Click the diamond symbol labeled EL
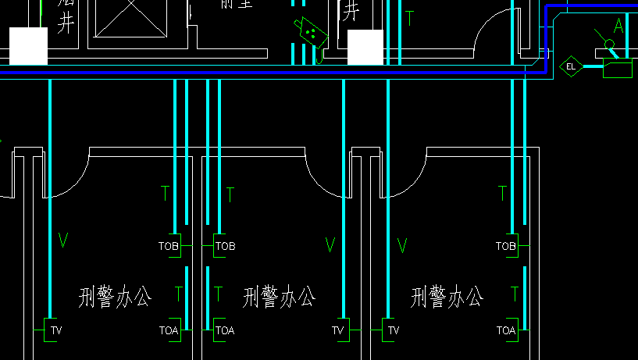pos(571,66)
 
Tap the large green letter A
pos(618,26)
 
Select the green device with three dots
pos(310,31)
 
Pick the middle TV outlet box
pos(338,330)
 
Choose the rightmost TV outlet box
pos(393,330)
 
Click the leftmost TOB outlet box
pos(169,246)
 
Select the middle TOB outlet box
pos(225,246)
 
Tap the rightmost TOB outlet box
pos(506,246)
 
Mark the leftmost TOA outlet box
pos(169,330)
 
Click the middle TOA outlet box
pos(225,330)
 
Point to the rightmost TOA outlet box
pos(506,330)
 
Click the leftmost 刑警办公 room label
pos(116,297)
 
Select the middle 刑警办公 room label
pos(280,297)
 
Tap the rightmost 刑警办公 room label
pos(447,297)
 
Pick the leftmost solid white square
pos(29,46)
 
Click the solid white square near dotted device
pos(365,48)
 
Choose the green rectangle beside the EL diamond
pos(617,69)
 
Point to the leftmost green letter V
pos(62,241)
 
